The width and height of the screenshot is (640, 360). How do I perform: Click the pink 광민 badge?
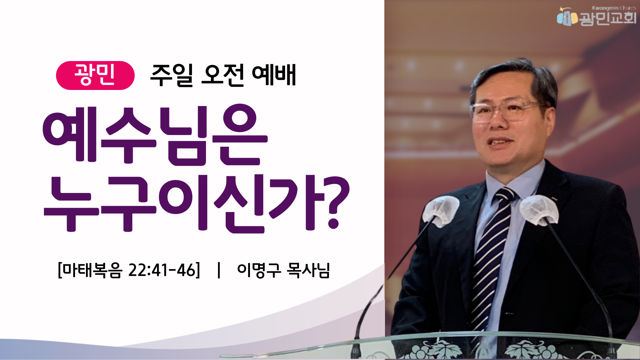tap(95, 75)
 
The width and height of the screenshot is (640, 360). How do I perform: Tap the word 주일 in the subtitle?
tap(172, 75)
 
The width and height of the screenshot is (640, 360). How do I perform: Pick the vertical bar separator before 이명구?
tap(219, 270)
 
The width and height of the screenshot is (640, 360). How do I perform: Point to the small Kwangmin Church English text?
tap(614, 8)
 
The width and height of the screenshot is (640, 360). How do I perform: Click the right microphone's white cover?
tap(539, 210)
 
